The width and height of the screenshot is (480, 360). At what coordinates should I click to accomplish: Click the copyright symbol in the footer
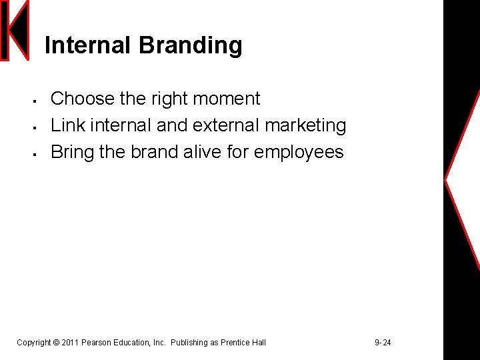coord(56,343)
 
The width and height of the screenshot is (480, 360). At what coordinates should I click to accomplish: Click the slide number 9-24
coord(383,343)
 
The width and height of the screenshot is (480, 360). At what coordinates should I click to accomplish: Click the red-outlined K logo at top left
coord(15,31)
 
